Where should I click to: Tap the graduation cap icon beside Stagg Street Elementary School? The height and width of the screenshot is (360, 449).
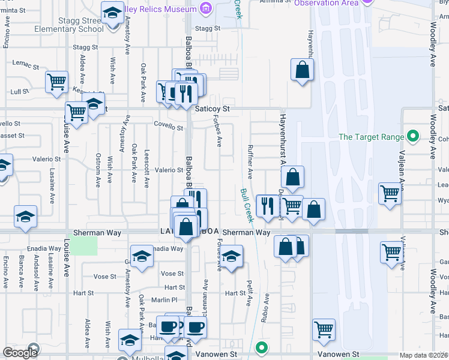coord(112,13)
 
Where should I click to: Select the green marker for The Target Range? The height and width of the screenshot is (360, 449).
coord(412,137)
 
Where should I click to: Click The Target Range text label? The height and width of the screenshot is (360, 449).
coord(371,137)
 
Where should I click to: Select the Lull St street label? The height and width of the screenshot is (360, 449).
coord(20,92)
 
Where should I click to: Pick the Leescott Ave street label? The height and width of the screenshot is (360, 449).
coord(146,170)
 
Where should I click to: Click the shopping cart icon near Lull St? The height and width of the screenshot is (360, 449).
coord(56,82)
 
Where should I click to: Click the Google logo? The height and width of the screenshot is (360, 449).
coord(20,353)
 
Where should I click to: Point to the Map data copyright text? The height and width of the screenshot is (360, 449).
coord(423,355)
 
